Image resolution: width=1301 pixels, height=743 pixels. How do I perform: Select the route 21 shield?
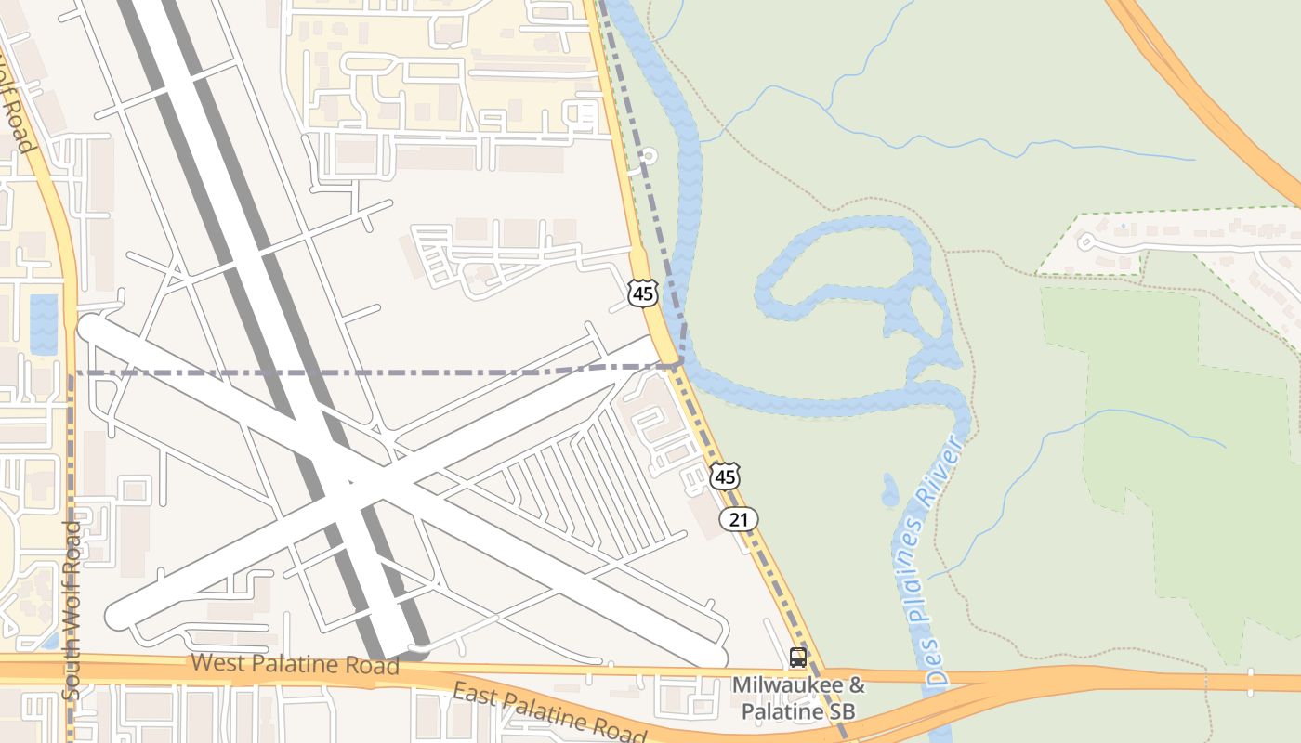[x=739, y=519]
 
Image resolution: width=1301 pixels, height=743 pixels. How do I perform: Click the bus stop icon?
[x=797, y=658]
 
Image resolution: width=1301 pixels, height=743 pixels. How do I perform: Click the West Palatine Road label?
[x=295, y=664]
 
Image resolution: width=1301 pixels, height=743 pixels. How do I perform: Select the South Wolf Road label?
[x=72, y=609]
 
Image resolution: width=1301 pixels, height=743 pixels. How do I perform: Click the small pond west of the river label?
[x=890, y=489]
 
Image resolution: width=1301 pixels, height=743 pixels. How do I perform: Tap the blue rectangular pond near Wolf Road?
[x=44, y=324]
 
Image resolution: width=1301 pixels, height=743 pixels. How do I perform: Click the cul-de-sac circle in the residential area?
[x=1085, y=241]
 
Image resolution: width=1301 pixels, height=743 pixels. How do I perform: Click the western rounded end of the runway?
[x=91, y=328]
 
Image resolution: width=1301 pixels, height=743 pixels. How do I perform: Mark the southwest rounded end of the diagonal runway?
[x=119, y=616]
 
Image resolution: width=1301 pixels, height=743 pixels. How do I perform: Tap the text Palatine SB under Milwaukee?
[x=797, y=712]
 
